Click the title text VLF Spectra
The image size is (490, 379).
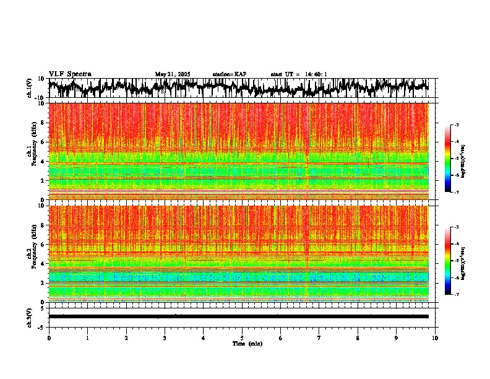pos(70,74)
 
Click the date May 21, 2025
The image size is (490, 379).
pos(173,74)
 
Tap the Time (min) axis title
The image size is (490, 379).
pos(247,344)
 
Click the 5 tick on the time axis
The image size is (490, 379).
pos(242,338)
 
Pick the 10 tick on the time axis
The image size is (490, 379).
pos(435,338)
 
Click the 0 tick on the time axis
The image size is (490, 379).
pos(49,338)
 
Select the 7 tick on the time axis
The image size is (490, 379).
pos(319,338)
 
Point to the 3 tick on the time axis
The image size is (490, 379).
pos(165,338)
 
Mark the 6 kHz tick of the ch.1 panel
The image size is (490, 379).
pos(44,142)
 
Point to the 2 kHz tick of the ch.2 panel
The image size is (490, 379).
pos(44,282)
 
